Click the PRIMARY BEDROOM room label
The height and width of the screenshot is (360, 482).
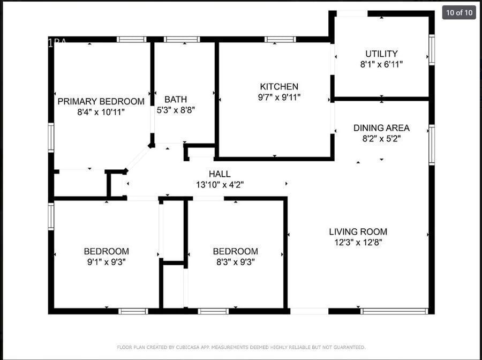pos(101,101)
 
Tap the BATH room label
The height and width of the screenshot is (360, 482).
pos(176,99)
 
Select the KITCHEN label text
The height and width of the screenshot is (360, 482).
pos(279,87)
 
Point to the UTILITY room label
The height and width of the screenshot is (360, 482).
pos(381,54)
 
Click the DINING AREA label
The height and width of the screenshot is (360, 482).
pos(381,128)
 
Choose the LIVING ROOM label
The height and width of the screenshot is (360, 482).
pos(358,232)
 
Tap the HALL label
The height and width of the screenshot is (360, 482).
pos(220,174)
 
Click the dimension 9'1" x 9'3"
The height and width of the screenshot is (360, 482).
pos(106,262)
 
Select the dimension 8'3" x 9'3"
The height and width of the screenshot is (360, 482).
pos(235,262)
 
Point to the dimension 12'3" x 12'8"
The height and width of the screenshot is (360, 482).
pos(358,242)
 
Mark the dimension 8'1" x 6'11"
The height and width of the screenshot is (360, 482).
pos(381,64)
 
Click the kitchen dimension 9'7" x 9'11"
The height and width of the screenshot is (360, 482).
pos(279,97)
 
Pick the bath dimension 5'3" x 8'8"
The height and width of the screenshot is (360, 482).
pos(176,110)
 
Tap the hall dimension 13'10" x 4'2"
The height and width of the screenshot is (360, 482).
pos(220,185)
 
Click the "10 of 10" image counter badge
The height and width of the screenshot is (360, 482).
pos(459,12)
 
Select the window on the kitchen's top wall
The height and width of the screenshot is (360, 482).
pos(280,40)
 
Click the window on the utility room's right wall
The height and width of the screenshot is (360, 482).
pos(432,50)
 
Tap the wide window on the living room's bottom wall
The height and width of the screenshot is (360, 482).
pos(395,311)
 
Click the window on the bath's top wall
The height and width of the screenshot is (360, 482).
pos(182,40)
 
